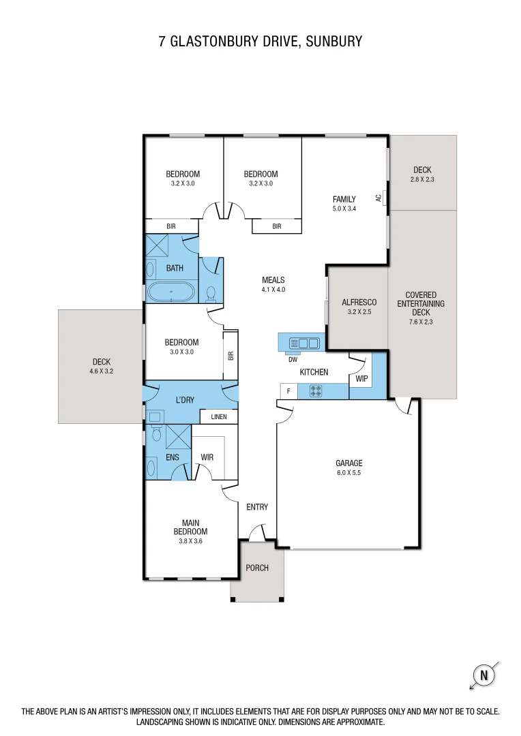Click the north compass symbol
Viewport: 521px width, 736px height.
click(484, 676)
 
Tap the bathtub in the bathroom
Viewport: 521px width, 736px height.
click(171, 293)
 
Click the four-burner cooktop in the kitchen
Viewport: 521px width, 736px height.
click(316, 391)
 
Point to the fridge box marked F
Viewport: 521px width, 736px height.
click(288, 391)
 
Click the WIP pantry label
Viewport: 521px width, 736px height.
click(361, 378)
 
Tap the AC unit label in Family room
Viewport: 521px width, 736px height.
click(378, 198)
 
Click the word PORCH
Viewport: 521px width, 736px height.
click(257, 568)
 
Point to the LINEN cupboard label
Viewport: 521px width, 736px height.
click(218, 416)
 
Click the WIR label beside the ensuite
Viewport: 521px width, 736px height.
click(207, 457)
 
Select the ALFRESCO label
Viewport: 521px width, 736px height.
click(359, 302)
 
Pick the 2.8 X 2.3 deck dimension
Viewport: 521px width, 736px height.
click(422, 179)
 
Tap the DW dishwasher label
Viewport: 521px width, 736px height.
click(293, 359)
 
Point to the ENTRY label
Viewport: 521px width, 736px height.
click(257, 507)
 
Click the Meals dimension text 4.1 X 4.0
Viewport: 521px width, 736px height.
click(273, 289)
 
